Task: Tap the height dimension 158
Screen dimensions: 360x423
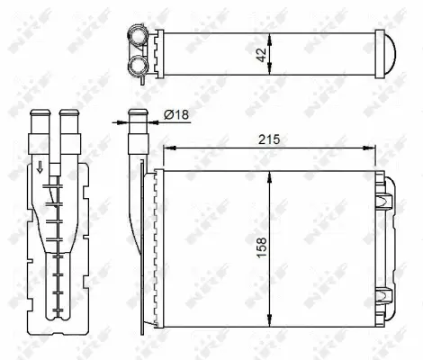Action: point(260,244)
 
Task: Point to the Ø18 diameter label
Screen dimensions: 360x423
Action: point(176,114)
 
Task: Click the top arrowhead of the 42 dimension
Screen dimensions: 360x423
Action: point(271,34)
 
